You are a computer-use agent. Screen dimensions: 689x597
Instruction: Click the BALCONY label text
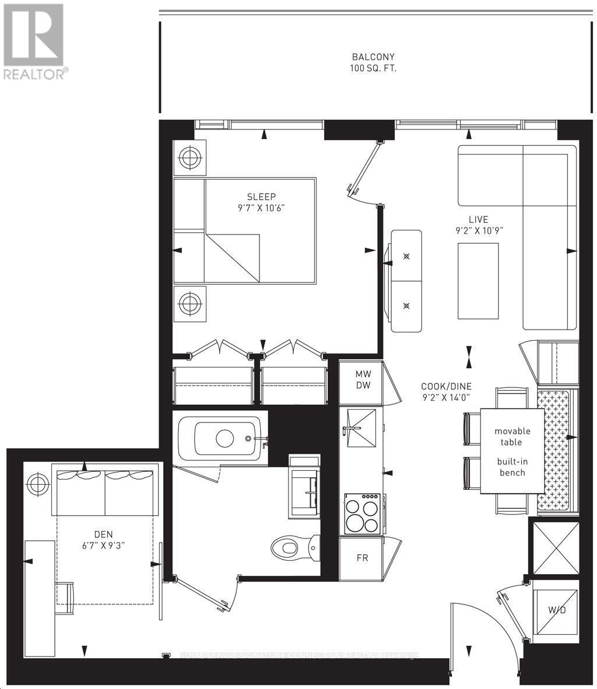pos(373,57)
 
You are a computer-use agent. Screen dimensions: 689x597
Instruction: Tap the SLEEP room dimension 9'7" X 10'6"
pos(261,208)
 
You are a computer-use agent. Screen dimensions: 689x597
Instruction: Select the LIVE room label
pos(478,219)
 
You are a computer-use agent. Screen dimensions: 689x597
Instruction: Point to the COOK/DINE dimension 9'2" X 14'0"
pos(447,397)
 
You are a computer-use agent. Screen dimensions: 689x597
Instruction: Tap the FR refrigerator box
pos(362,558)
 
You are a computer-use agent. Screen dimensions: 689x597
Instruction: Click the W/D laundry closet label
pos(556,610)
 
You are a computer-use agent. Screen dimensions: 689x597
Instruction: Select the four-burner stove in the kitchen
pos(362,513)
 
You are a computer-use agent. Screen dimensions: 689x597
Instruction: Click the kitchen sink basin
pos(360,427)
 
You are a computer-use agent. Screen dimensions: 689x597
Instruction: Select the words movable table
pos(512,436)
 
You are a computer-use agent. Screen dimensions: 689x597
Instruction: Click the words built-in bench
pos(512,467)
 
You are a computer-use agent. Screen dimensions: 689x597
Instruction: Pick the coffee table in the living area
pos(478,281)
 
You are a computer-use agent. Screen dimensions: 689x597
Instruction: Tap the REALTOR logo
pos(34,41)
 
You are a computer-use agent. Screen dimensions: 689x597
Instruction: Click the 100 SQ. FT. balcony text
pos(373,68)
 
